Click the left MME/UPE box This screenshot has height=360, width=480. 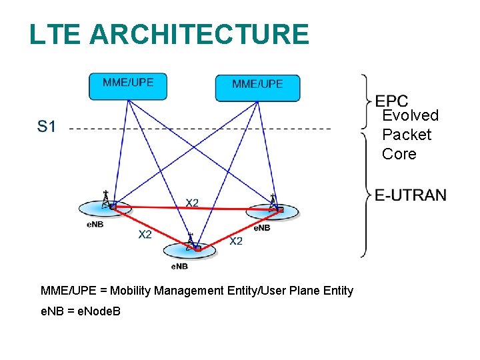[128, 85]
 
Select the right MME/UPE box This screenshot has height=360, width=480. [257, 87]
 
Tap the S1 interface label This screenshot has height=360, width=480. [47, 127]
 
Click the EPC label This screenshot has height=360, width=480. [391, 101]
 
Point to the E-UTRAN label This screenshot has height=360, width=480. [410, 195]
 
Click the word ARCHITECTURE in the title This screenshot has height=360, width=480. [199, 34]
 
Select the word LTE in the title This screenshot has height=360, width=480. [55, 34]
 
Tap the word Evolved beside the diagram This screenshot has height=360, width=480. [410, 115]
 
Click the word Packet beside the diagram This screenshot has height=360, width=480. [407, 135]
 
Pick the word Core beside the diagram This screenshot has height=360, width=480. [399, 154]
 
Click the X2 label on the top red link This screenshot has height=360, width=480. [192, 203]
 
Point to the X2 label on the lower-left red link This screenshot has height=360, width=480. [145, 234]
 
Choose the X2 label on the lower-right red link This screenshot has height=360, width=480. [236, 241]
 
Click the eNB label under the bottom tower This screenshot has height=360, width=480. [179, 266]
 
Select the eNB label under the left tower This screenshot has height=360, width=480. [95, 224]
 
